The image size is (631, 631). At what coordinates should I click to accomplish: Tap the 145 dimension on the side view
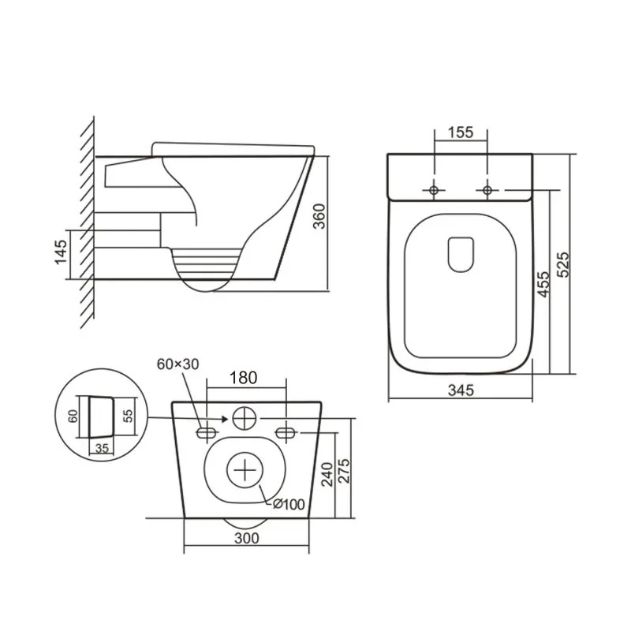tap(62, 254)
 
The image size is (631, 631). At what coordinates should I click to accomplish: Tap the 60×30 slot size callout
tap(178, 364)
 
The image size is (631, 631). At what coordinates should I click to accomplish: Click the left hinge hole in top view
tap(433, 190)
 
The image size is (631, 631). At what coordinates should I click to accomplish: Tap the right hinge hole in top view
tap(487, 190)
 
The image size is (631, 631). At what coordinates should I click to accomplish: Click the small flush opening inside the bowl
tap(460, 254)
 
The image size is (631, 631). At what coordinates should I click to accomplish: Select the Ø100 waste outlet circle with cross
tap(246, 470)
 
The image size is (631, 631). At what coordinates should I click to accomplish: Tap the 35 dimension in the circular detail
tap(100, 447)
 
